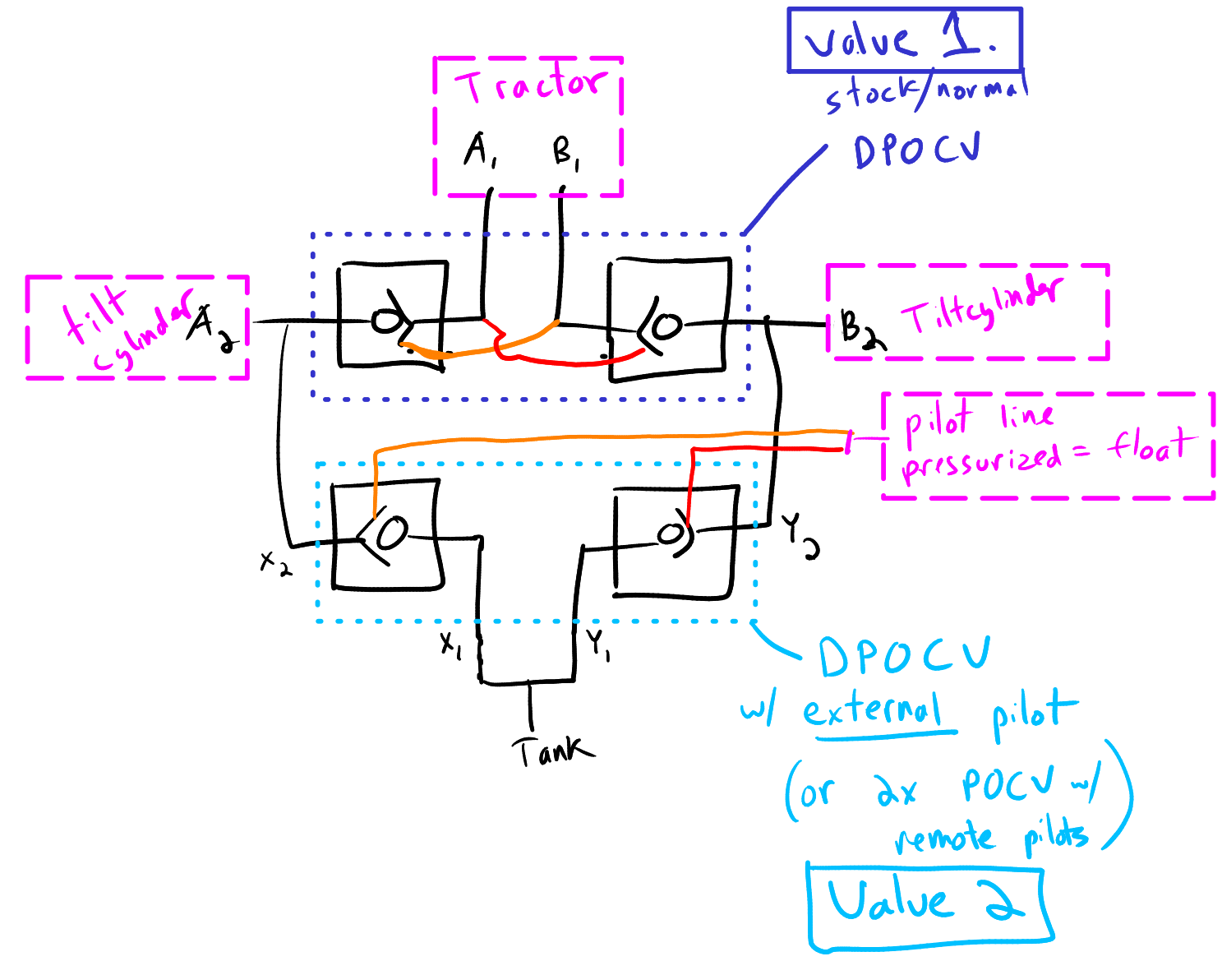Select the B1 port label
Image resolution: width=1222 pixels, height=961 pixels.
pos(566,153)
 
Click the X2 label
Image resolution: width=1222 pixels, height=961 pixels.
pos(275,563)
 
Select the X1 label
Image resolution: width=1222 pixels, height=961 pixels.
pos(451,645)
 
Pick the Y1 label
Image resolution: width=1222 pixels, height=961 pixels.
pos(597,645)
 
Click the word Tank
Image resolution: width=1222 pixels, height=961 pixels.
pos(552,751)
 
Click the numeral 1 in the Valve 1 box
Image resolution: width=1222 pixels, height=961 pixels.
pos(961,38)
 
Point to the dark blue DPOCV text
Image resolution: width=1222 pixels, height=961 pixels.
pos(916,150)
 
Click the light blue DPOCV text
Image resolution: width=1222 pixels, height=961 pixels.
pos(904,657)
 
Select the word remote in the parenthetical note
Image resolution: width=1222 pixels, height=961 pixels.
pos(944,839)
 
